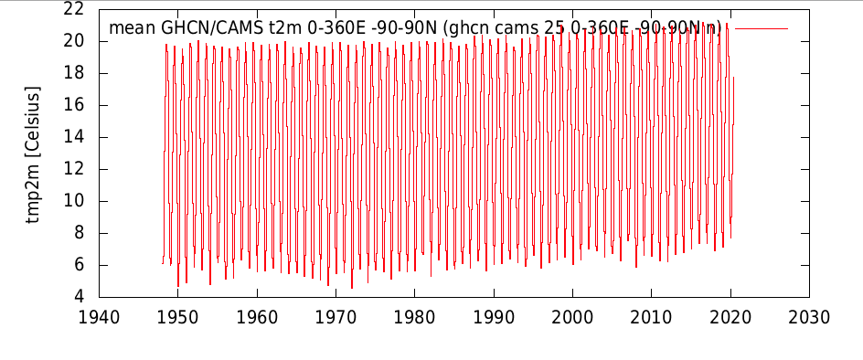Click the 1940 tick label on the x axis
pos(99,318)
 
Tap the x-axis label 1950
pos(177,318)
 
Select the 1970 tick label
pos(336,318)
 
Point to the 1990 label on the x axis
pos(494,318)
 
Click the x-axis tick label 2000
pos(572,318)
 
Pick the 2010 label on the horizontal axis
pos(651,318)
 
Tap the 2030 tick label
pos(809,318)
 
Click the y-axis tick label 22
pos(74,9)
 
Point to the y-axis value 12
pos(74,170)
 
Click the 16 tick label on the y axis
pos(74,105)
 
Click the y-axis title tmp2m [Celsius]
pos(34,154)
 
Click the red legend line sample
pos(762,28)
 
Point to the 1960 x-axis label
pos(257,318)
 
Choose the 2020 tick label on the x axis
pos(730,318)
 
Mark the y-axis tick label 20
pos(74,41)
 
